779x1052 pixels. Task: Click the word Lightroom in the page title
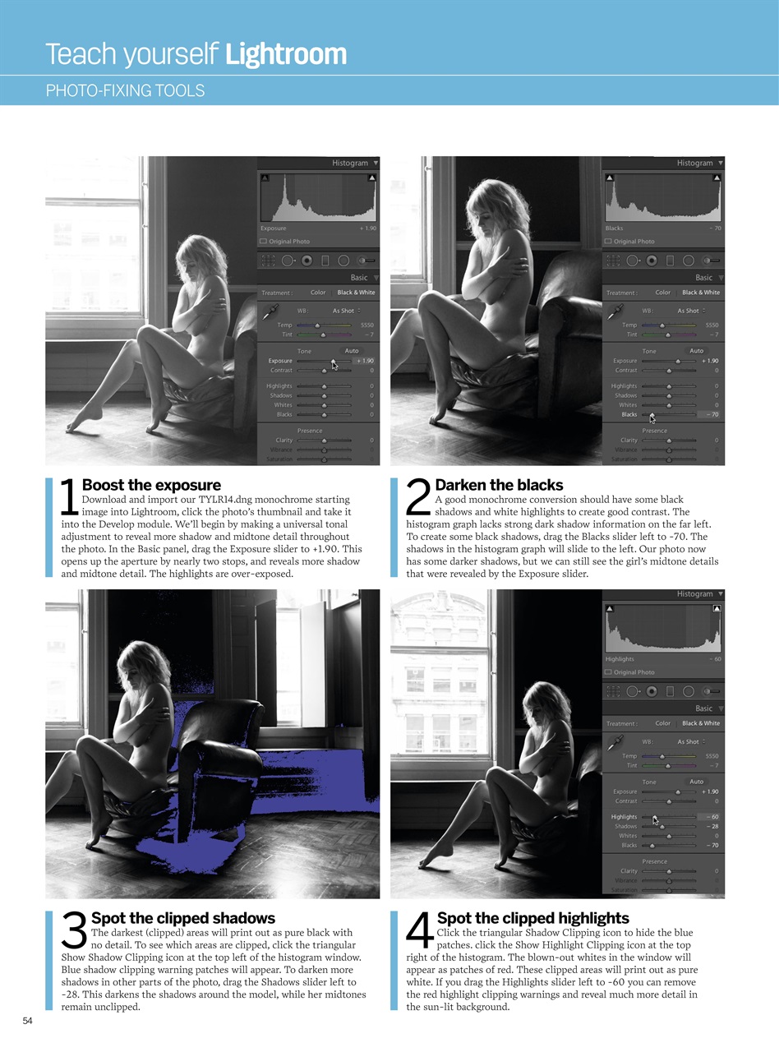285,54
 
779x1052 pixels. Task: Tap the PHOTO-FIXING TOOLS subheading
125,90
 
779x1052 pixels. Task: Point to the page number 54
27,1021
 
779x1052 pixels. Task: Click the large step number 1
70,500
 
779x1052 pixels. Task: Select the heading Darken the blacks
499,485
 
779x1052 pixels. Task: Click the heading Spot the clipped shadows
182,918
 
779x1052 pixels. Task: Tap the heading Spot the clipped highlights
532,918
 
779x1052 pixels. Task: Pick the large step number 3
74,933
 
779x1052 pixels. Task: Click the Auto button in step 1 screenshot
352,351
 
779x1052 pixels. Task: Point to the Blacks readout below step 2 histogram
614,228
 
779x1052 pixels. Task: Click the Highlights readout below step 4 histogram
619,659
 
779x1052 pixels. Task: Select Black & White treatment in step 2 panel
700,293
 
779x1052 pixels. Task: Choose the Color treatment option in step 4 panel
662,723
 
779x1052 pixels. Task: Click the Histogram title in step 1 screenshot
350,163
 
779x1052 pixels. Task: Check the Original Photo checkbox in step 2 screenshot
609,242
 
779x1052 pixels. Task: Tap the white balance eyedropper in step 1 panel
270,311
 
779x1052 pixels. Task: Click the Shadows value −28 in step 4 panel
712,826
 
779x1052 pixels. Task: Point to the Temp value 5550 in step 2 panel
712,325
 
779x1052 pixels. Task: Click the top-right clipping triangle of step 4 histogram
717,609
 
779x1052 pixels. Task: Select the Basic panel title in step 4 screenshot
704,708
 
